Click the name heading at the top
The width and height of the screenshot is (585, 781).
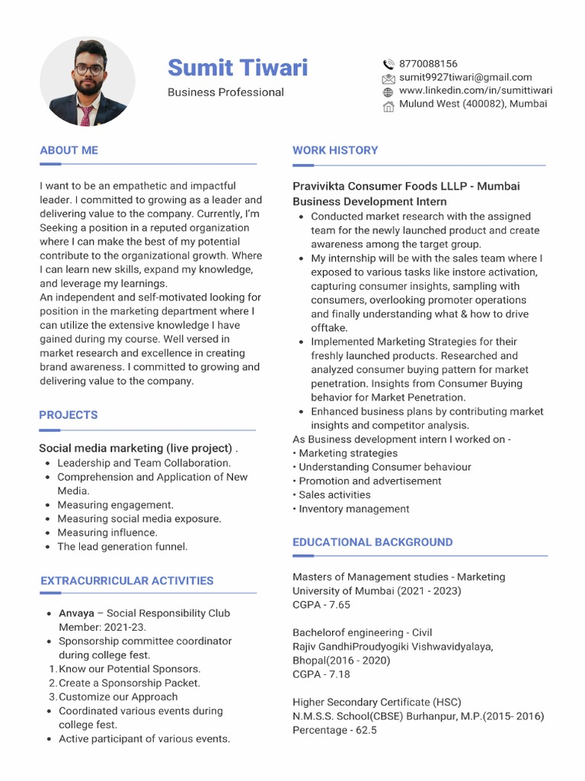tap(238, 68)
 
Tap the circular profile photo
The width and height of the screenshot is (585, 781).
tap(88, 82)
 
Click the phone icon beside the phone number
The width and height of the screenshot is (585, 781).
tap(388, 64)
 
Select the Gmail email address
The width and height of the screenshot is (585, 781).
tap(465, 77)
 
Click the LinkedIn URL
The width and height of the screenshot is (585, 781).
tap(475, 90)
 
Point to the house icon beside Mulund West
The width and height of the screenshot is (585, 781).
tap(388, 105)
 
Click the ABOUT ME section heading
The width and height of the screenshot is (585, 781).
tap(69, 150)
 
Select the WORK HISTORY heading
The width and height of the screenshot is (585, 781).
tap(335, 150)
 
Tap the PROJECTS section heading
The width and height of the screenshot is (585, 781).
tap(69, 415)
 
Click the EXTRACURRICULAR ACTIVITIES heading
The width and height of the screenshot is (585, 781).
tap(126, 580)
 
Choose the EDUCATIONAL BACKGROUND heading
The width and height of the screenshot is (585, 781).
tap(372, 542)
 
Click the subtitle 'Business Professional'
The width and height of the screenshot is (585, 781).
tap(225, 92)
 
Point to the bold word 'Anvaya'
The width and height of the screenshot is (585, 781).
tap(76, 613)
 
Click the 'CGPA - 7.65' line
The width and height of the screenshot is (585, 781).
tap(321, 605)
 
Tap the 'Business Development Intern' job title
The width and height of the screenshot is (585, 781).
tap(369, 201)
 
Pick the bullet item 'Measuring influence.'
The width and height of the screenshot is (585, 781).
tap(107, 532)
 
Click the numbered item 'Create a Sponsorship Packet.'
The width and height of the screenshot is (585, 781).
tap(129, 683)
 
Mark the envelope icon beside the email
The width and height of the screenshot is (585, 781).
tap(388, 78)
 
